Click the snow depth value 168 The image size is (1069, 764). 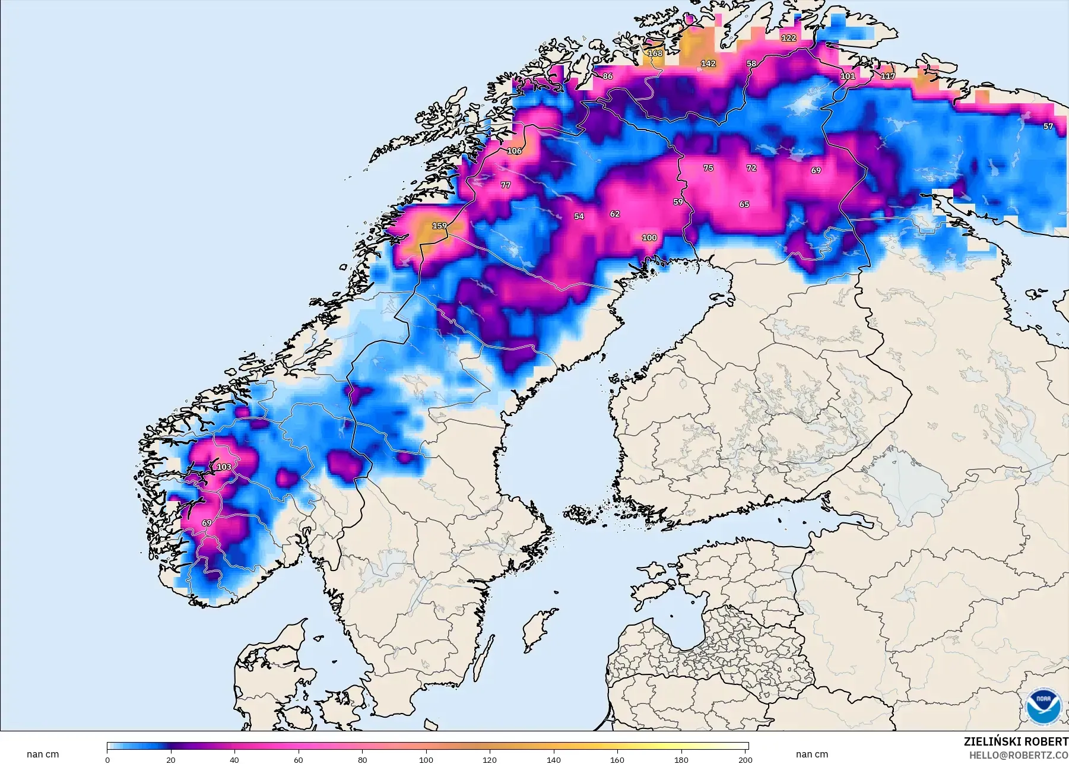[655, 53]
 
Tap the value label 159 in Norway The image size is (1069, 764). [439, 226]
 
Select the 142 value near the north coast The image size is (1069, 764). [708, 64]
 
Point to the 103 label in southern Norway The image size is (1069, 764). [224, 467]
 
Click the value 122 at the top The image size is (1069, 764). [788, 38]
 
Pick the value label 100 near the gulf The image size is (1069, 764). [649, 237]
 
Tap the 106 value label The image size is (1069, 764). [514, 151]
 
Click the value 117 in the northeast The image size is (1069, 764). [887, 77]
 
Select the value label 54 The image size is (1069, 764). [579, 217]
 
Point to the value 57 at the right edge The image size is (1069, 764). [1048, 126]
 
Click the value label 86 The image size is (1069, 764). [607, 77]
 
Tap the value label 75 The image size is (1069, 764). [708, 168]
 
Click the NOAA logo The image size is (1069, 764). [1043, 706]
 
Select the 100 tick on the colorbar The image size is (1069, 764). [426, 759]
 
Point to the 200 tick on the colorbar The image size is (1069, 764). [745, 759]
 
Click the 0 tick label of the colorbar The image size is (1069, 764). [107, 759]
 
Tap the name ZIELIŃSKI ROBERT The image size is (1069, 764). [1016, 742]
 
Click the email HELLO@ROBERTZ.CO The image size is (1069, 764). [1019, 756]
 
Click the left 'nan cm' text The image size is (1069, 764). [43, 755]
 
